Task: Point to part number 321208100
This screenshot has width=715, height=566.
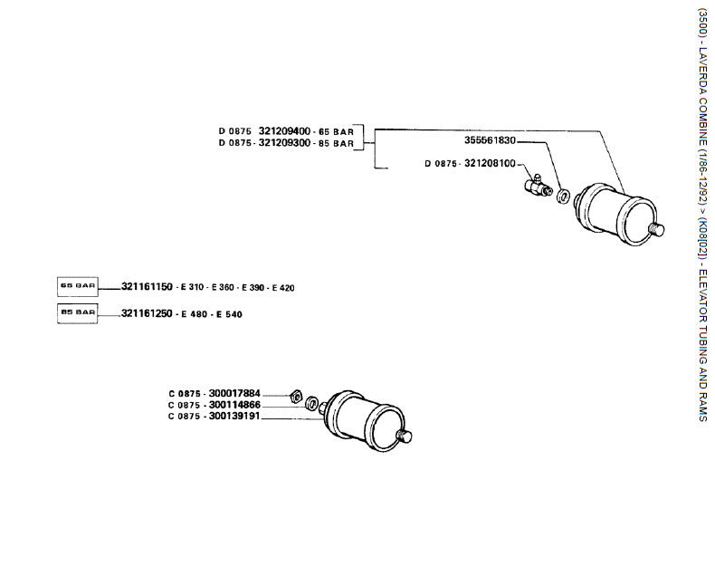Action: (x=490, y=164)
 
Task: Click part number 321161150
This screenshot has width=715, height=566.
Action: (x=147, y=287)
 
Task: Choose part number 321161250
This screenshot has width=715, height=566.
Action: (x=147, y=313)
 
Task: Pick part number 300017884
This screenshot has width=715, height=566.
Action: (x=234, y=393)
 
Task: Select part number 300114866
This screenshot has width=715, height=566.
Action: (x=234, y=405)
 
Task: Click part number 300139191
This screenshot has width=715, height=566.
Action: (x=234, y=417)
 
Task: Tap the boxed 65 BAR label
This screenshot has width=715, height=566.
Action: (x=78, y=286)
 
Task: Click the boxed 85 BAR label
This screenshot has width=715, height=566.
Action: (x=78, y=312)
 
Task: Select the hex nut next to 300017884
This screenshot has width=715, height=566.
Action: (x=294, y=396)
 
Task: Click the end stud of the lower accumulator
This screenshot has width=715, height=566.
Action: (x=406, y=436)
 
